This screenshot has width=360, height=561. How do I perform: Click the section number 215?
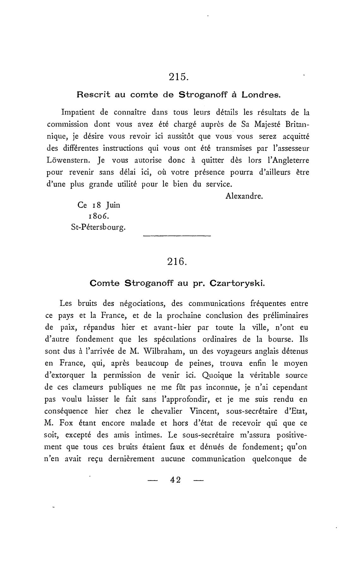(179, 77)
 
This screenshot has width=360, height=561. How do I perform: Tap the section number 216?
(177, 262)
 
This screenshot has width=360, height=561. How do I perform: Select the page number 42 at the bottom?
(175, 480)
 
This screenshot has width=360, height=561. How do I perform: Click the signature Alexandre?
(244, 196)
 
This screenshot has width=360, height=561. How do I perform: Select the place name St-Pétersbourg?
(98, 228)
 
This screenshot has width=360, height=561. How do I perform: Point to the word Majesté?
(261, 124)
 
